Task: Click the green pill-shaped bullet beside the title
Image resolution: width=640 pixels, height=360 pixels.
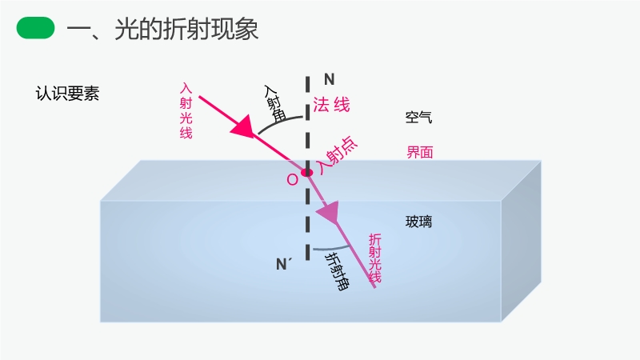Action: pos(35,28)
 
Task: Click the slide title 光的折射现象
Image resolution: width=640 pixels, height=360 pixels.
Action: pos(186,30)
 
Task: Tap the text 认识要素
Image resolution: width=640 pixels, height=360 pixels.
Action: pos(67,94)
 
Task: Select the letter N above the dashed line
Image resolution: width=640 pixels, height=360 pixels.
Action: pos(330,79)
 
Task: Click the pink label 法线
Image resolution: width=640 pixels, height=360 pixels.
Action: pos(331,105)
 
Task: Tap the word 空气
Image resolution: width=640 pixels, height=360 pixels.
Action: pos(418,117)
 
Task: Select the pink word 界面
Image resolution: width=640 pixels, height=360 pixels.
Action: pos(419,152)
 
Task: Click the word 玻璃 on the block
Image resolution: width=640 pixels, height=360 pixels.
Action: pos(418,222)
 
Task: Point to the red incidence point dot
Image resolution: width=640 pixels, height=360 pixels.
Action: pos(307,173)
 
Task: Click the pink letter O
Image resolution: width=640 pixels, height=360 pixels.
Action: pos(292,179)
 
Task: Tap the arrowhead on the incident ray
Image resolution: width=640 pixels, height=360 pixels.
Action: pos(243,126)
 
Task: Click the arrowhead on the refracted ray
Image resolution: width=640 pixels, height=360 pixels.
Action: pos(329,212)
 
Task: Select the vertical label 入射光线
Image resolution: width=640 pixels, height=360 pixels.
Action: pos(186,110)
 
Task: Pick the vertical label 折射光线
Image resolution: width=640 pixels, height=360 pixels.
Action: pos(374,258)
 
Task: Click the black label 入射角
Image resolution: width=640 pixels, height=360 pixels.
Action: pos(274,104)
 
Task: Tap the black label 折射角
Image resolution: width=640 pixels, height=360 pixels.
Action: pos(337,271)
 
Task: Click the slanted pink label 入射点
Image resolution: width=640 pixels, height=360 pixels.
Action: pos(338,155)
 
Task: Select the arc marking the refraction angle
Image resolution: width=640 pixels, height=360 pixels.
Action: pos(331,249)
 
